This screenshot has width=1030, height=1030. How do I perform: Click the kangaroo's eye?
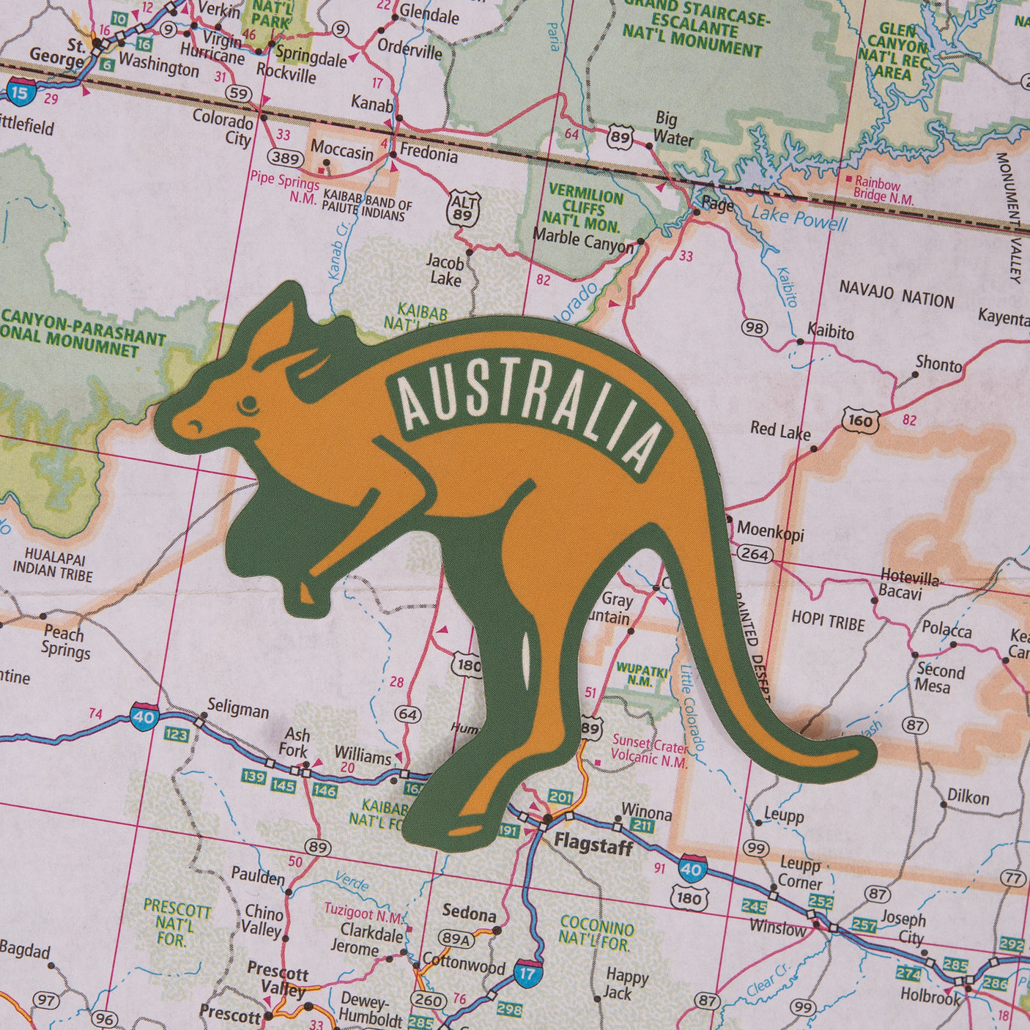249,403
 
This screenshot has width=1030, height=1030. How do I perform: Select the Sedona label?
469,914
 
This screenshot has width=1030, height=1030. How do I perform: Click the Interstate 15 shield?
20,92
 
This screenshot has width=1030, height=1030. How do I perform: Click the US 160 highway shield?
858,420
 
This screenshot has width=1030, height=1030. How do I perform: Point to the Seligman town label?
237,710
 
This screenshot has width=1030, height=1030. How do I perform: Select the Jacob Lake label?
445,270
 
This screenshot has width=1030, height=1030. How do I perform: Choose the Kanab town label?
371,102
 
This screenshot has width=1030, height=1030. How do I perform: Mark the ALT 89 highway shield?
463,207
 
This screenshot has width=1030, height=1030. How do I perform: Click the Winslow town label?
777,928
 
